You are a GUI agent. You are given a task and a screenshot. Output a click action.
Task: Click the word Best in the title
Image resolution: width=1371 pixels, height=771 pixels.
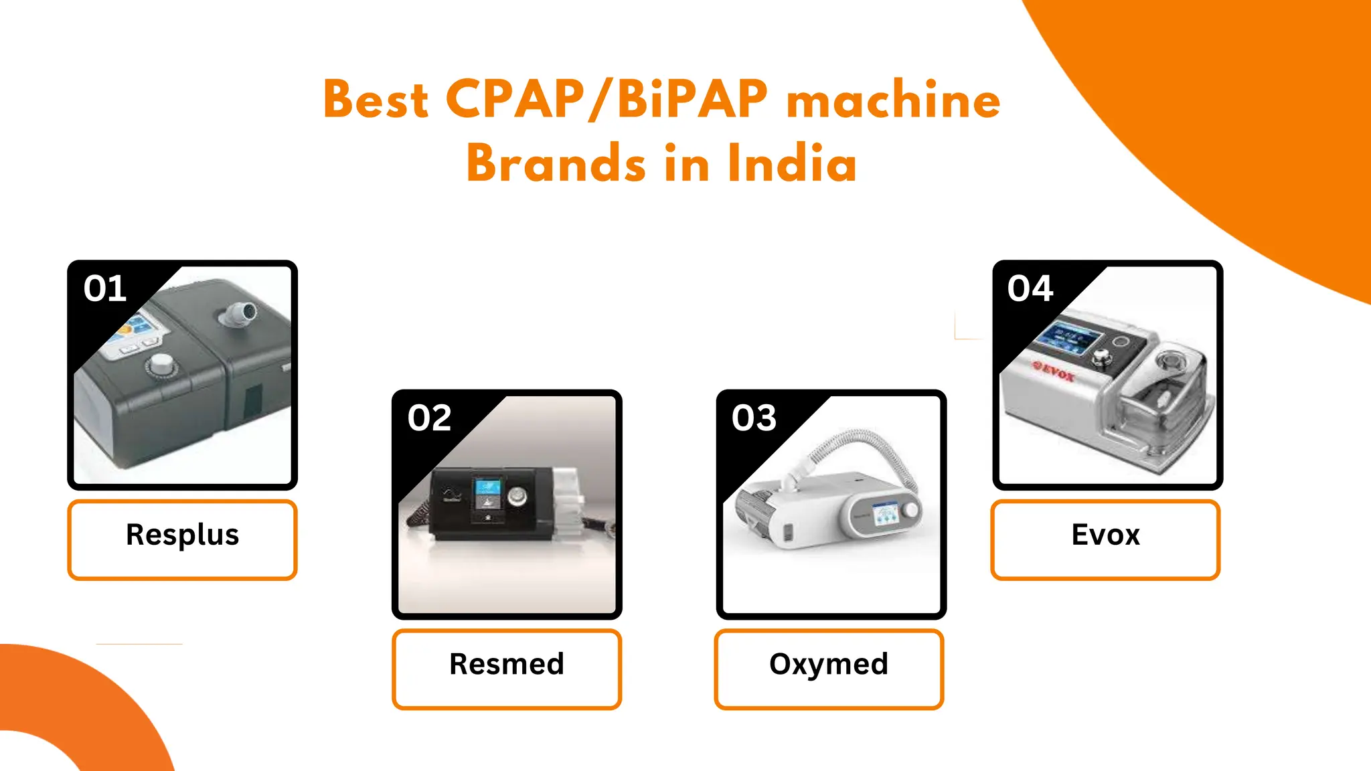(x=376, y=100)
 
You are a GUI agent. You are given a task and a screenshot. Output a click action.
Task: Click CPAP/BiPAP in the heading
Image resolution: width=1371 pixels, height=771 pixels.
(x=606, y=100)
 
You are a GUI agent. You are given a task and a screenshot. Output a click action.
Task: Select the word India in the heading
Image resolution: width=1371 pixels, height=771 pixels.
(x=792, y=164)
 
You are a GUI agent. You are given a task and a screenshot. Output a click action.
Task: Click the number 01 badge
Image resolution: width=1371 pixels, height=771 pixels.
(x=105, y=289)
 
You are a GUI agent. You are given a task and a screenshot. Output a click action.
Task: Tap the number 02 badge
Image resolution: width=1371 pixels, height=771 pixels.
(x=430, y=418)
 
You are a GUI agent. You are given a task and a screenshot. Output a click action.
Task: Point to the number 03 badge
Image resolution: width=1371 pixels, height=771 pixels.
(x=754, y=418)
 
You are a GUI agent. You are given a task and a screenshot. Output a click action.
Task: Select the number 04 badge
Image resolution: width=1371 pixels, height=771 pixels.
(x=1030, y=289)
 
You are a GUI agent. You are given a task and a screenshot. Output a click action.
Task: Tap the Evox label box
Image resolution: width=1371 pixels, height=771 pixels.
(x=1105, y=539)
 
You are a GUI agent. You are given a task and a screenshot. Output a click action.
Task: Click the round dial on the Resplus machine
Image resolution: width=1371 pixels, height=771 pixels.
(x=161, y=365)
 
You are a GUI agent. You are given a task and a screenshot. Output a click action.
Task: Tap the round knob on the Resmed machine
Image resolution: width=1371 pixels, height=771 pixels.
(x=517, y=497)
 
